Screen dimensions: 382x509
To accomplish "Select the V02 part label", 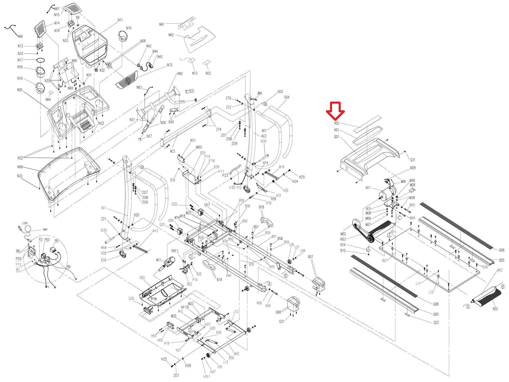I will coord(336,123).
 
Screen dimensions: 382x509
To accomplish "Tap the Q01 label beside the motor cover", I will coord(336,137).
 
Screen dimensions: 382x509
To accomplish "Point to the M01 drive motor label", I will coord(368,188).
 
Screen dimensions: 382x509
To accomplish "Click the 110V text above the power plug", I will coord(25,223).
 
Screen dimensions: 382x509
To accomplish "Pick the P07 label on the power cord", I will coord(45,230).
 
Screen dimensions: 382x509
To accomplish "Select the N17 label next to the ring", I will coord(20,60).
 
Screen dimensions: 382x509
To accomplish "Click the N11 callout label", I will coord(120,20).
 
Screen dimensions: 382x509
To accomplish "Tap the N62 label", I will coord(171,35).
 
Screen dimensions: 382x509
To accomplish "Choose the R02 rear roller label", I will coord(495,309).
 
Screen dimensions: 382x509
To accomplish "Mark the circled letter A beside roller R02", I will coord(468,307).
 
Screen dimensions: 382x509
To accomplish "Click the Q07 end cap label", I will coord(310,257).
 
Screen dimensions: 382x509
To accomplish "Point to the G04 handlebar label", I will coord(287,97).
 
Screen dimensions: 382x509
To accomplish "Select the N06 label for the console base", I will coord(20,167).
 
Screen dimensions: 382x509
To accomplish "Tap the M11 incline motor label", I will coord(159,260).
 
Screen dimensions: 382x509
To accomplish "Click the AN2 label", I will coord(180,74).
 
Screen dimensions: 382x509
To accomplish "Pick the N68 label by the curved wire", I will coord(20,36).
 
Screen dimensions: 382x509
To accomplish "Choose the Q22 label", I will coord(436,322).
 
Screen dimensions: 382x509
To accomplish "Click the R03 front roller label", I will coord(343,239).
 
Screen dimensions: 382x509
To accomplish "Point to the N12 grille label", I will coord(170,65).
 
